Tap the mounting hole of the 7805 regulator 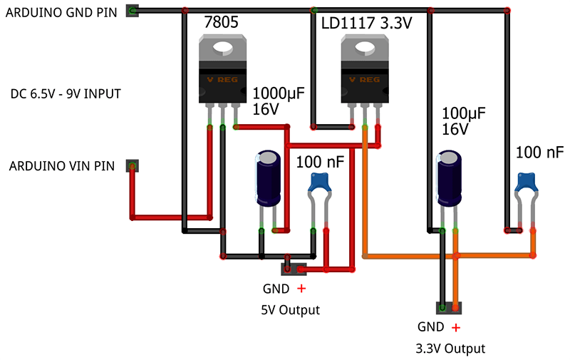pos(224,49)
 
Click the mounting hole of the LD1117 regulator pos(366,49)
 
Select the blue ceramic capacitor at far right pos(527,183)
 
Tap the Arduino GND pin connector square pos(132,10)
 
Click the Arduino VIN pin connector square pos(132,166)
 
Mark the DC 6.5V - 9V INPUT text pos(66,93)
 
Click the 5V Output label pos(289,310)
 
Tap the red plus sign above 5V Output pos(301,289)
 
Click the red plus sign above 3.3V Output pos(455,328)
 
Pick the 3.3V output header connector pos(449,308)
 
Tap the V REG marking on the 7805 pos(224,79)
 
